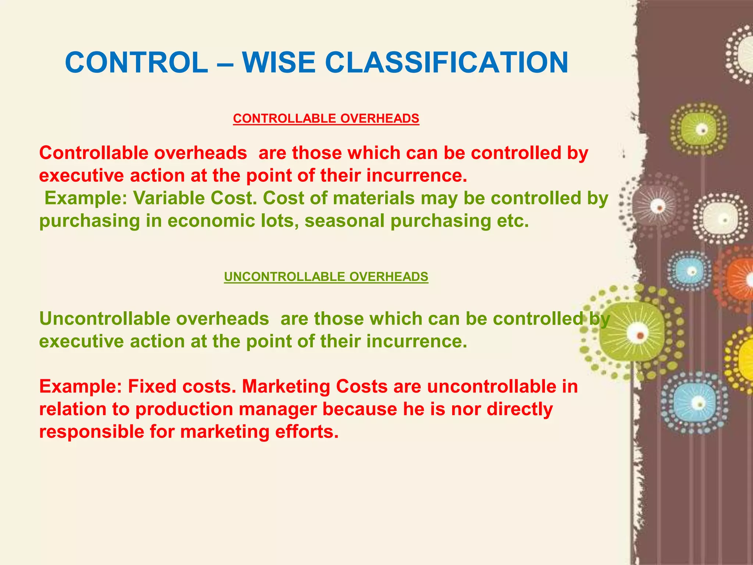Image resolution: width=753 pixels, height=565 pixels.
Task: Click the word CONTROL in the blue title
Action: (136, 63)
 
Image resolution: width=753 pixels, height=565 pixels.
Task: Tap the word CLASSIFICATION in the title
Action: (446, 63)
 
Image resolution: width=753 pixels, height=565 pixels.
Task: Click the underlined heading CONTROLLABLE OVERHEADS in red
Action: (326, 118)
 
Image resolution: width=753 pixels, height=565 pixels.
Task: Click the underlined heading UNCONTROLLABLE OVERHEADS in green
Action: (326, 277)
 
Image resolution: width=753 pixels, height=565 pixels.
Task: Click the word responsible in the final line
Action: (92, 432)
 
